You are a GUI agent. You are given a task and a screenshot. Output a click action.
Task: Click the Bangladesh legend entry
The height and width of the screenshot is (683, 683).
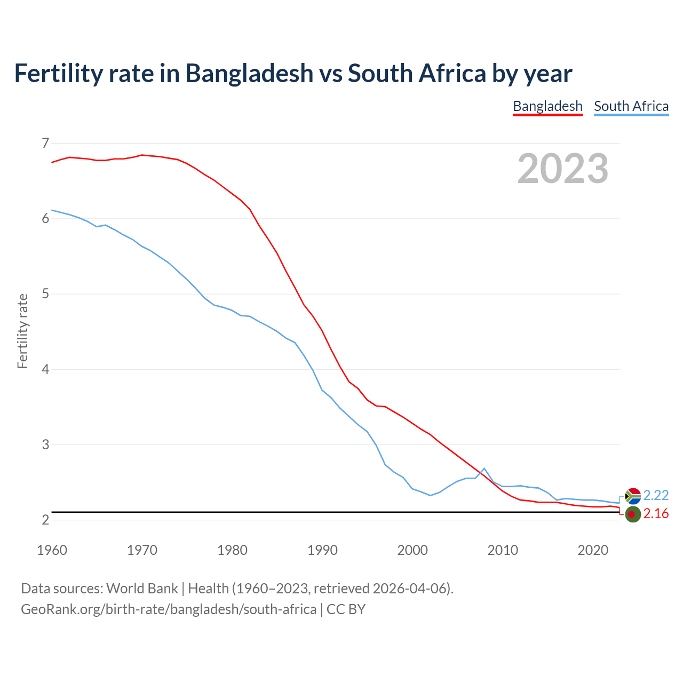click(x=547, y=106)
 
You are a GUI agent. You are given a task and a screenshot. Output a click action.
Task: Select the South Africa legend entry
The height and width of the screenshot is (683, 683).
click(x=631, y=106)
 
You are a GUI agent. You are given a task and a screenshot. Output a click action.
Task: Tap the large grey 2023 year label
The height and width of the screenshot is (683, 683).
click(x=563, y=169)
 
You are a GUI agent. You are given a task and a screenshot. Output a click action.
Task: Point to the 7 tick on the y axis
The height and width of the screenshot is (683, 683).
click(x=45, y=143)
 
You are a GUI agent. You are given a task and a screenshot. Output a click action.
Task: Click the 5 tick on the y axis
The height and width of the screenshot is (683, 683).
click(x=45, y=293)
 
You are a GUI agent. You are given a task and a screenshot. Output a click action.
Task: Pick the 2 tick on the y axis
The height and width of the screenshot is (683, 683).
click(x=45, y=520)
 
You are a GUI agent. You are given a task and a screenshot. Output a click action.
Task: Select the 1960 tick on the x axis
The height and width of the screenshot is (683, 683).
click(x=52, y=550)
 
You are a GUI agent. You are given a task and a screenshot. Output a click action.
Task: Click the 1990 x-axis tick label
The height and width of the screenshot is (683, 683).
click(x=322, y=550)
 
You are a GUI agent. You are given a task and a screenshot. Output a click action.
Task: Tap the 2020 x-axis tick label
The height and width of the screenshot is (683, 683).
click(x=593, y=550)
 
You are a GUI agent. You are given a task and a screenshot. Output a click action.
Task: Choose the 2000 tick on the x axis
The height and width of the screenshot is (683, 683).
click(x=412, y=550)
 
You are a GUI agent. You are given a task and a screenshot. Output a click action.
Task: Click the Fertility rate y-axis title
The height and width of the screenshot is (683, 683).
click(x=22, y=331)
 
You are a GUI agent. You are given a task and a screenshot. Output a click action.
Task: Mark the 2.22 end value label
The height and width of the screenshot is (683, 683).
click(x=656, y=495)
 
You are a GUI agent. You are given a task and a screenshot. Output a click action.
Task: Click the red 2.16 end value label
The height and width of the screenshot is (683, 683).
click(x=656, y=514)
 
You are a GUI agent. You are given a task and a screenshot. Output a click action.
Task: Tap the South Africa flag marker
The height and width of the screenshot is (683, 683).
click(x=633, y=496)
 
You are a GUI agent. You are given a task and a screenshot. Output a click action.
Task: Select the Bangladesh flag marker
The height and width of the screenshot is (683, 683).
click(x=633, y=514)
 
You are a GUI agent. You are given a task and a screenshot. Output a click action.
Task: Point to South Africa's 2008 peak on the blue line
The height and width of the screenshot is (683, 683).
click(x=484, y=468)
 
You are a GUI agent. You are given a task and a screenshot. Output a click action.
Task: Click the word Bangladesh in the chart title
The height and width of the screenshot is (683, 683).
click(x=249, y=74)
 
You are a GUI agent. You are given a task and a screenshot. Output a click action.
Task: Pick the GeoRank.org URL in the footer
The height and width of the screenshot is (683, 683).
click(x=169, y=609)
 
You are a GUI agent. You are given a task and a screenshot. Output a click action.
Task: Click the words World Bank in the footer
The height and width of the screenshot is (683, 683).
click(x=142, y=589)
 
